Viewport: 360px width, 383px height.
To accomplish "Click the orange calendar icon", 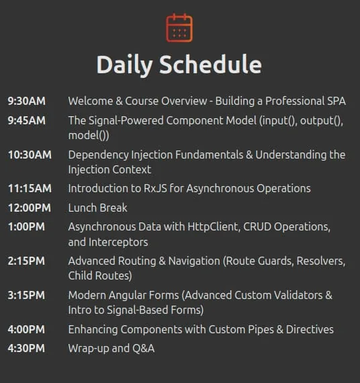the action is pyautogui.click(x=179, y=28).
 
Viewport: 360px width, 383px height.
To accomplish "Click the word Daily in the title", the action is pyautogui.click(x=124, y=65).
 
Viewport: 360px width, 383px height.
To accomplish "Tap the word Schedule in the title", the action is pyautogui.click(x=210, y=65).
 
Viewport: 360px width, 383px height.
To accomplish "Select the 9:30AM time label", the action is pyautogui.click(x=27, y=101).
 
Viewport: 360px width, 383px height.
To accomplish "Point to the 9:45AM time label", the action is pyautogui.click(x=27, y=121).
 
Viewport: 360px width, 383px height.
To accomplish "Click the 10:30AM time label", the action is pyautogui.click(x=30, y=155).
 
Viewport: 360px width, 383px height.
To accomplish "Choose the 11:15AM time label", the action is pyautogui.click(x=30, y=189).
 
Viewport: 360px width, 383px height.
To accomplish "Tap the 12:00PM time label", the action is pyautogui.click(x=30, y=208).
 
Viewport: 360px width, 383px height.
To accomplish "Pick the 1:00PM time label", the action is pyautogui.click(x=27, y=227).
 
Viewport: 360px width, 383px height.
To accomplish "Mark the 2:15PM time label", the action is pyautogui.click(x=26, y=261).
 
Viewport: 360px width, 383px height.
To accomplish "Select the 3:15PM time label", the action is pyautogui.click(x=26, y=295).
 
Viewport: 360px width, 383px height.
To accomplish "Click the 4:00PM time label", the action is pyautogui.click(x=26, y=329).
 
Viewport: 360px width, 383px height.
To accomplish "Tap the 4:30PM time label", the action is pyautogui.click(x=26, y=349).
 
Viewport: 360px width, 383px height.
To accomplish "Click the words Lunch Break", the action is pyautogui.click(x=97, y=208).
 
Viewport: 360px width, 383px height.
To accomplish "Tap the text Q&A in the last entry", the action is pyautogui.click(x=143, y=349).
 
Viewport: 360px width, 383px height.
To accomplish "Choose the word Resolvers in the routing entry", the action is pyautogui.click(x=321, y=261).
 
